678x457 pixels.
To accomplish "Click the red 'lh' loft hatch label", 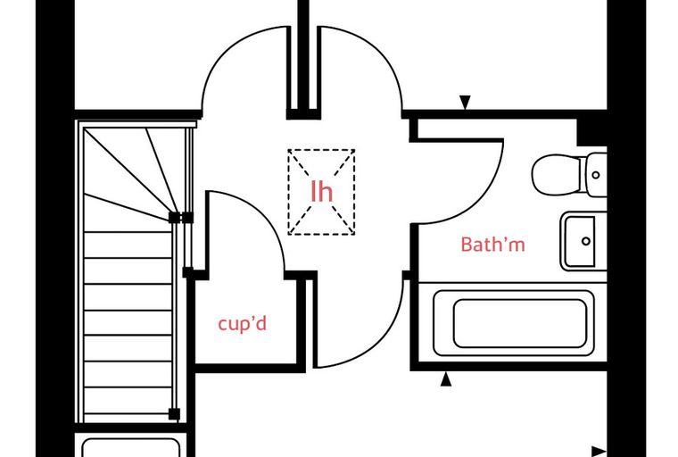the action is coord(322,191).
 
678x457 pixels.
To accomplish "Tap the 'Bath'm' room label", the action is coord(493,245).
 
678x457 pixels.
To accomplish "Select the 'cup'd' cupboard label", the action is coord(242,324).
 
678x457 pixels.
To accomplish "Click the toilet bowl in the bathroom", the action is coord(557,175).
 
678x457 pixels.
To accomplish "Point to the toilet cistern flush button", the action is coord(596,175).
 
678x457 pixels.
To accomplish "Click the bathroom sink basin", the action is coord(580,242).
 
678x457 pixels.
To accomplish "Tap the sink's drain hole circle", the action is coord(586,241).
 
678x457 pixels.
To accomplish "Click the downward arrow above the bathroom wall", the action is coord(465,102).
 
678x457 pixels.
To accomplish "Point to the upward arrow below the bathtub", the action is coord(446,379).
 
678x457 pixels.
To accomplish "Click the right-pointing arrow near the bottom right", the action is coord(599,452).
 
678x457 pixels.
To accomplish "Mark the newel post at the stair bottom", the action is coord(174,414).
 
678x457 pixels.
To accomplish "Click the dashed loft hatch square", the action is coord(322,192).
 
